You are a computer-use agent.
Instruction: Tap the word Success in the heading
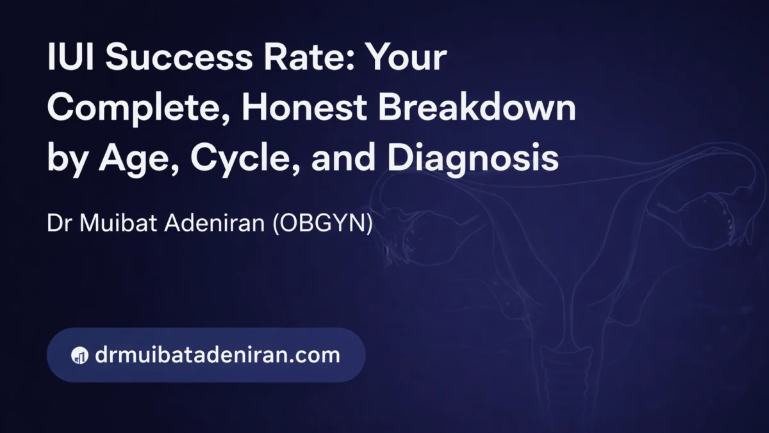coord(179,56)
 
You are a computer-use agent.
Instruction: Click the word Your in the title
coord(402,56)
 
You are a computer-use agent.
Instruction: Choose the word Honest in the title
coord(304,108)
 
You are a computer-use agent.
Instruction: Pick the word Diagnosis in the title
coord(473,159)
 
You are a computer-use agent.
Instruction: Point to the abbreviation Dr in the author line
coord(59,223)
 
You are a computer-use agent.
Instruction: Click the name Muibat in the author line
coord(119,223)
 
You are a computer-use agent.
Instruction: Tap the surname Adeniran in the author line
coord(215,223)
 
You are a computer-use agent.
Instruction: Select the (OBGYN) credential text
coord(323,223)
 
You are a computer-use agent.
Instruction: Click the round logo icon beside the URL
coord(79,355)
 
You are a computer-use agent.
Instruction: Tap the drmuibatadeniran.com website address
coord(217,354)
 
